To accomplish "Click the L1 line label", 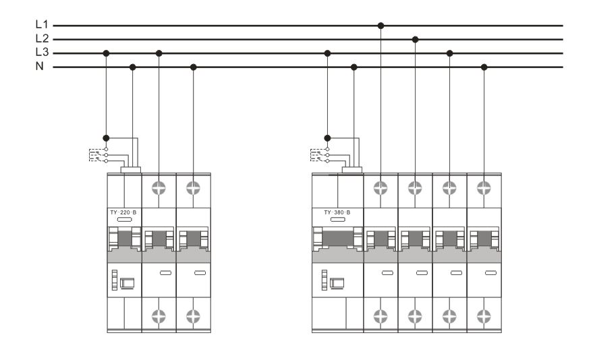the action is tap(42, 24).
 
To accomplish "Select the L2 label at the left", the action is tap(42, 38).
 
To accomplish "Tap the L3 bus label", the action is tap(42, 52).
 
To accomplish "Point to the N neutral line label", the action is tap(40, 66).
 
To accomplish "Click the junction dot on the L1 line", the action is tap(381, 26).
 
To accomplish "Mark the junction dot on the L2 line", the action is tap(415, 39).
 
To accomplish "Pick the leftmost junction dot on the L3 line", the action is tap(107, 53).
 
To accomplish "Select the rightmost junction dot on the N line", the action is tap(484, 67).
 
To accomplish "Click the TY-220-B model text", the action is tap(123, 212).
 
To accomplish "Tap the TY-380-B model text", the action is tap(337, 212).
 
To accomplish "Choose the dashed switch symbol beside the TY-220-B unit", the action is tap(98, 155).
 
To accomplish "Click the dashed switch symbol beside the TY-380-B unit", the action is tap(320, 155).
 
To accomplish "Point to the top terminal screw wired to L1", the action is tap(381, 187).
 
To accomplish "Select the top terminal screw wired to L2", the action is tap(415, 187).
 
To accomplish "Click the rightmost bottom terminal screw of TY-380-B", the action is tap(484, 316).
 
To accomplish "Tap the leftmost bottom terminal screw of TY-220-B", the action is tap(159, 316).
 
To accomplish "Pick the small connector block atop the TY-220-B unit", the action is tap(131, 170).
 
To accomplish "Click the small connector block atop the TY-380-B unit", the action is tap(352, 170).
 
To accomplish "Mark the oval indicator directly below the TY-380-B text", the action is tap(338, 220).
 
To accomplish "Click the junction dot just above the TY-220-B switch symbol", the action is tap(107, 138).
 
